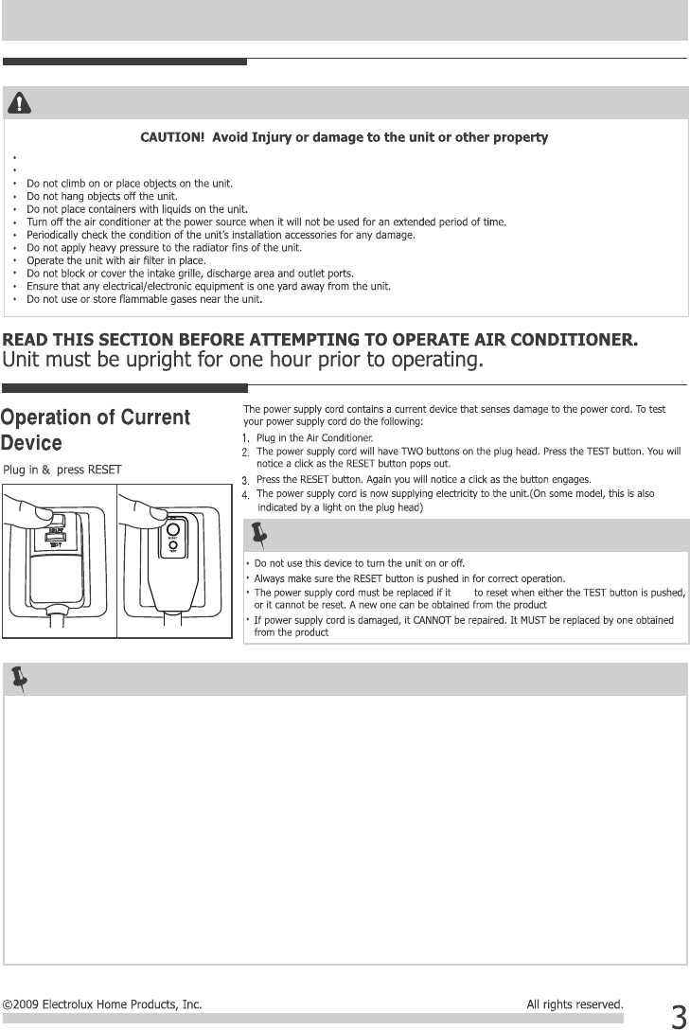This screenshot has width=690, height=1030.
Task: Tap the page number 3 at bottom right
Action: click(678, 1017)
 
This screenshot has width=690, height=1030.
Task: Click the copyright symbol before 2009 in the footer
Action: click(8, 1004)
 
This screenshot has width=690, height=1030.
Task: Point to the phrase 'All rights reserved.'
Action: click(575, 1004)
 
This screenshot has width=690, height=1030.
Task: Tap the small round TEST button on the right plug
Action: click(172, 546)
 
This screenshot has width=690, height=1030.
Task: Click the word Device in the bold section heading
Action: click(32, 443)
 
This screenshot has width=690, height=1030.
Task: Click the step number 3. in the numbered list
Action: click(245, 480)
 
